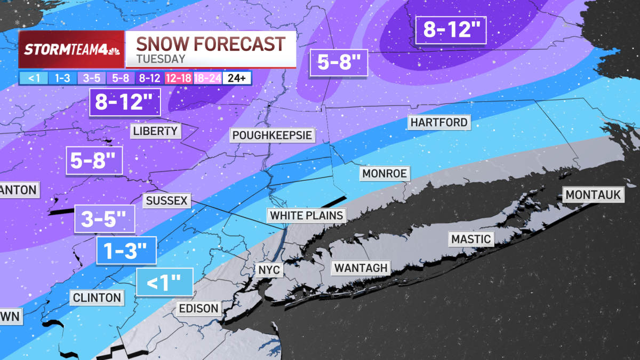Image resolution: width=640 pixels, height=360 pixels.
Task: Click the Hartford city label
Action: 439,122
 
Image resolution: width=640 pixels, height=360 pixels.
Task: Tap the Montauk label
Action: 593,195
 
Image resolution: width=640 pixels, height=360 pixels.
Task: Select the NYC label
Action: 269,270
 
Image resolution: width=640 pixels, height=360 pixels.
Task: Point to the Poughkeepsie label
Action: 272,135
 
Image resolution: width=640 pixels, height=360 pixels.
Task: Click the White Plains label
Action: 306,215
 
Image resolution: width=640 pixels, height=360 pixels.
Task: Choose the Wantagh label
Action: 361,267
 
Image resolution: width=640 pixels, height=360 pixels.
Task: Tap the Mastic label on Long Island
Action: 470,238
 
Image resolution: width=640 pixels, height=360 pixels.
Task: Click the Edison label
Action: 198,308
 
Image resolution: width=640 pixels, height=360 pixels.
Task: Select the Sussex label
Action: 166,201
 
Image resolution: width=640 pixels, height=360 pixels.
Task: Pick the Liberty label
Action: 155,131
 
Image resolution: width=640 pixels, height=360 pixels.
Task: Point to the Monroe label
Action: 385,173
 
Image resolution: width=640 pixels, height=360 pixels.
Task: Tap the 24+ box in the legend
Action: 236,78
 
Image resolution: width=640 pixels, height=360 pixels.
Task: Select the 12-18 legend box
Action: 178,78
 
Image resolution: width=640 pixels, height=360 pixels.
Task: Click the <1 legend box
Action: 34,78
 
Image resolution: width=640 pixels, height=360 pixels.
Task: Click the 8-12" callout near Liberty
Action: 125,101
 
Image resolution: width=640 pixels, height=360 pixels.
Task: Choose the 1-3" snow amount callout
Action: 126,250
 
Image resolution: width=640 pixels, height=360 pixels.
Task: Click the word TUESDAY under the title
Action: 161,59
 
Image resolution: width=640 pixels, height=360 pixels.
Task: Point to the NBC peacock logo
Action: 114,51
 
